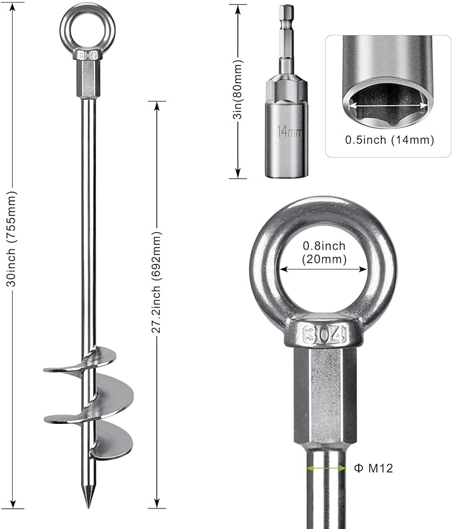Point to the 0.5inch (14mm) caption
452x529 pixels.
pyautogui.click(x=389, y=140)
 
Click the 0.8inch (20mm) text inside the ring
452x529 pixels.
pyautogui.click(x=324, y=253)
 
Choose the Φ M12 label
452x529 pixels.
pyautogui.click(x=374, y=468)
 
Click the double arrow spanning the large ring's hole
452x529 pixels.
pyautogui.click(x=324, y=269)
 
